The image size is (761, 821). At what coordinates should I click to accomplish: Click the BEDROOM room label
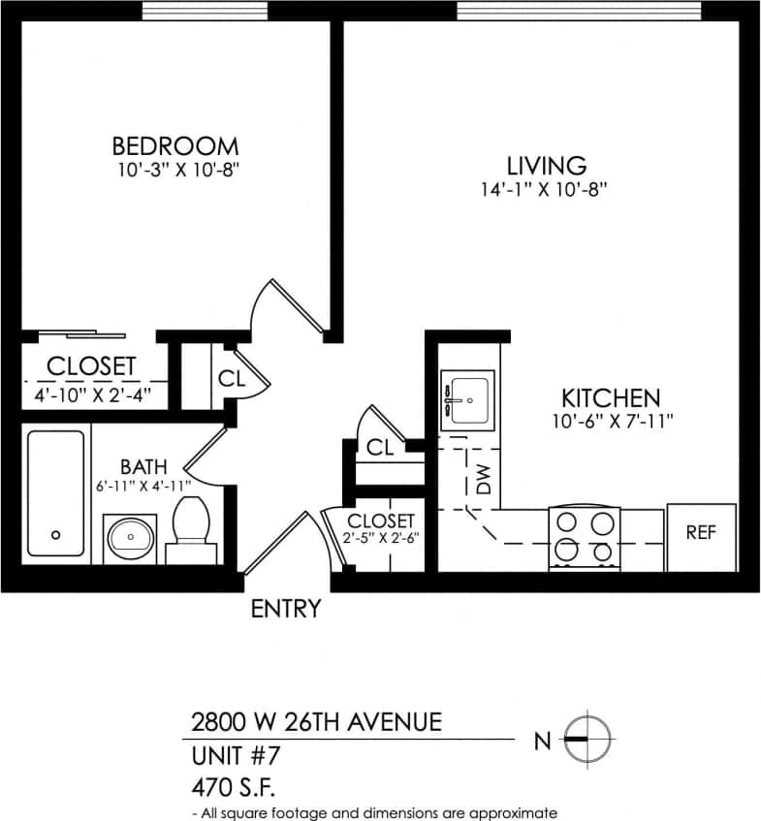[x=174, y=146]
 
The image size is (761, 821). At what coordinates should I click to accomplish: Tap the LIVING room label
[x=548, y=166]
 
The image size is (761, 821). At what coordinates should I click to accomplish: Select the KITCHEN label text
[x=611, y=397]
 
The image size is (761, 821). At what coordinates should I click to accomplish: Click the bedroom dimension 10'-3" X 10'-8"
[x=174, y=170]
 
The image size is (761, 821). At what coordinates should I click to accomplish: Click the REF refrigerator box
[x=701, y=532]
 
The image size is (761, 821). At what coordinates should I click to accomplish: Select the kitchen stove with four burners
[x=584, y=537]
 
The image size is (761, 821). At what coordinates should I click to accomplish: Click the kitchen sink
[x=468, y=398]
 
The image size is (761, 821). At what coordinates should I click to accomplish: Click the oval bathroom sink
[x=130, y=537]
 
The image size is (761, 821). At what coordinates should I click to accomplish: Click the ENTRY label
[x=285, y=609]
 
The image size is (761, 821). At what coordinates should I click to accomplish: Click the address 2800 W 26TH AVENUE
[x=316, y=722]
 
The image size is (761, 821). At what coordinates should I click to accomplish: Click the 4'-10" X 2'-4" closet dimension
[x=91, y=395]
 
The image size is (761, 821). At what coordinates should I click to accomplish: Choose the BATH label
[x=143, y=467]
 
